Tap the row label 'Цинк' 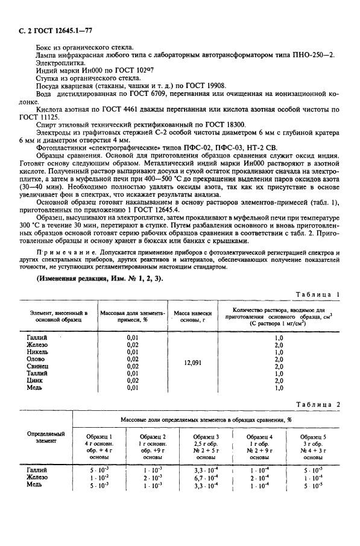point(34,381)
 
